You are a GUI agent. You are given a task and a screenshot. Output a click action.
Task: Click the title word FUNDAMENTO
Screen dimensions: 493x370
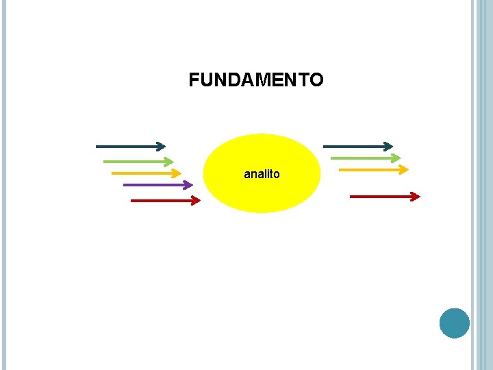tap(256, 81)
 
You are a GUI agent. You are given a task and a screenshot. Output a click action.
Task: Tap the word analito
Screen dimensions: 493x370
tap(262, 175)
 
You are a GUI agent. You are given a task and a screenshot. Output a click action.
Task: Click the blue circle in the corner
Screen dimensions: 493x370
tap(455, 323)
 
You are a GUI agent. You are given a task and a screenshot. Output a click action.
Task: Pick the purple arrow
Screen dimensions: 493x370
tap(154, 185)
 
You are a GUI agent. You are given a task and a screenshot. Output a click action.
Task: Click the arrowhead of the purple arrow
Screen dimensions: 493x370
tap(188, 185)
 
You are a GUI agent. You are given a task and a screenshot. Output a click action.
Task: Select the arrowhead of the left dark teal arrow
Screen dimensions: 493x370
tap(161, 147)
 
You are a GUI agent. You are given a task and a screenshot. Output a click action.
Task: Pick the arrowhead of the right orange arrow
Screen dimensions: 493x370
tap(404, 169)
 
